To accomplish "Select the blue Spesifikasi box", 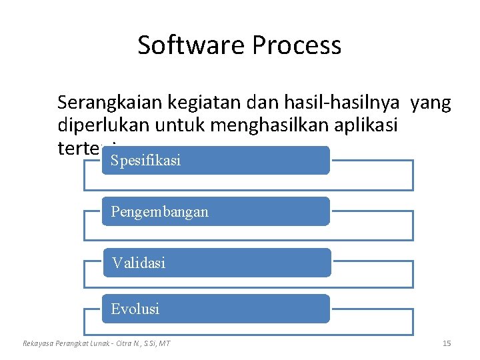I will [216, 161].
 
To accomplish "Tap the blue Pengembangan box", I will [216, 211].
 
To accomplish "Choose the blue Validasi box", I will [216, 263].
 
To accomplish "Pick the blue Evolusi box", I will [216, 309].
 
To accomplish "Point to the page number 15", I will [447, 343].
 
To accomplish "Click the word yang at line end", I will [431, 103].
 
